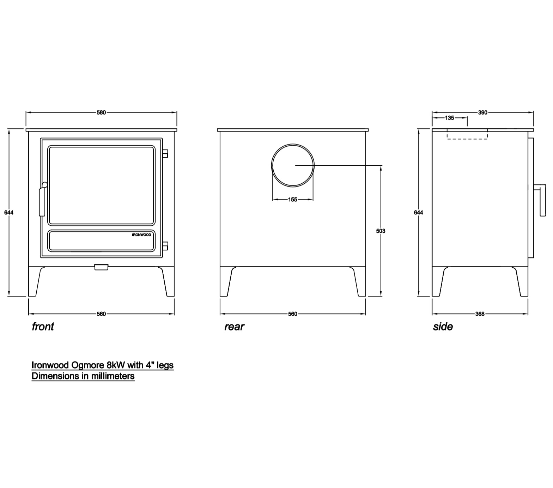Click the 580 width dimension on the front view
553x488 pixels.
click(x=101, y=112)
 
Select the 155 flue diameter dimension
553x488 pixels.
click(x=293, y=200)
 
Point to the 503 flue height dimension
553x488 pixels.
click(x=381, y=231)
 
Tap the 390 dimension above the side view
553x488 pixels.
click(x=483, y=112)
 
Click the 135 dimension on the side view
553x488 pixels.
click(x=450, y=118)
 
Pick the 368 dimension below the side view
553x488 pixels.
click(x=480, y=314)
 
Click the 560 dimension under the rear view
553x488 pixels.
click(x=293, y=314)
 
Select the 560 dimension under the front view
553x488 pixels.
click(x=101, y=314)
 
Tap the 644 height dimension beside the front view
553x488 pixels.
click(x=9, y=213)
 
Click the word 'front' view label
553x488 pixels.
click(x=43, y=327)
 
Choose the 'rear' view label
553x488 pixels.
click(x=234, y=327)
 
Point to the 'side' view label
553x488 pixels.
click(x=443, y=327)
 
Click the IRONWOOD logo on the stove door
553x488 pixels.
click(x=141, y=235)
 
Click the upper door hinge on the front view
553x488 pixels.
click(x=165, y=153)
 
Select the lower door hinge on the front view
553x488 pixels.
click(x=165, y=245)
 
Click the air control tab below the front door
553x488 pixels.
click(x=101, y=267)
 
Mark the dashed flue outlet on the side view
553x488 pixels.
click(x=467, y=134)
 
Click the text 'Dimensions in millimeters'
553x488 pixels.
click(x=83, y=376)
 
